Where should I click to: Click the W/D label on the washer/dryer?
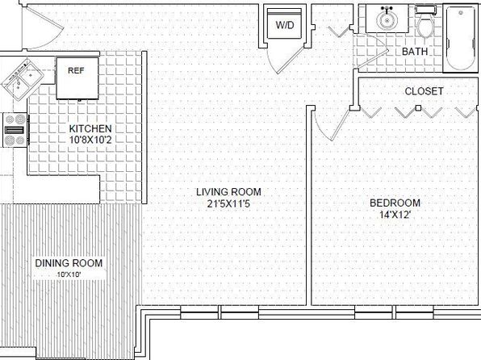coord(284,25)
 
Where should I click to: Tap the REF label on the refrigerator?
coord(76,70)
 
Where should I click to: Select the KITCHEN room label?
coord(90,128)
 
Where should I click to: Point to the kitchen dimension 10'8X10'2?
coord(90,140)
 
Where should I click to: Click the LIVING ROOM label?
coord(228,192)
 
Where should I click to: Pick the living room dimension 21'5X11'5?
coord(228,203)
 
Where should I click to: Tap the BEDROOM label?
coord(395,203)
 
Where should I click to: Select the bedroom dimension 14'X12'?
coord(395,215)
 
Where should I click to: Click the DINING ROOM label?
coord(69,263)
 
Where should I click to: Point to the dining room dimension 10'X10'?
coord(69,275)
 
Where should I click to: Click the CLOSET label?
coord(424,91)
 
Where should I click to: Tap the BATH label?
coord(415,51)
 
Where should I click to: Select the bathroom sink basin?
coord(387,20)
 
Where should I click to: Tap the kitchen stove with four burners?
coord(15,130)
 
